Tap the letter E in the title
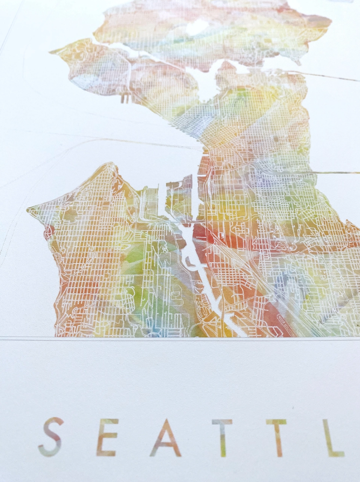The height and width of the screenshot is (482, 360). coord(107,437)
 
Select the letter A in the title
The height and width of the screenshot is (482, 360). coord(165,438)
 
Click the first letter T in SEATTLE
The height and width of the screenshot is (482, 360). coord(222,437)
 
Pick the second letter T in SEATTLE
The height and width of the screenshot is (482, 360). coord(276,437)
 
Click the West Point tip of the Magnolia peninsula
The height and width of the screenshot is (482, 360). coord(53,52)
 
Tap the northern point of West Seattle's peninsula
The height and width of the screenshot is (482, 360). coord(110,164)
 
